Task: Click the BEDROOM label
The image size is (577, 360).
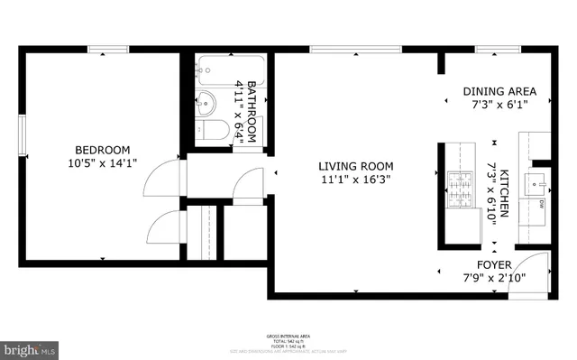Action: [102, 150]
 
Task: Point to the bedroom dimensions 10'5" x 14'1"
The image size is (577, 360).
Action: [102, 163]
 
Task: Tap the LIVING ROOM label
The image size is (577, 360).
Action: [355, 165]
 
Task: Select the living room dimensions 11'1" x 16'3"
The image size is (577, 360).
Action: [355, 179]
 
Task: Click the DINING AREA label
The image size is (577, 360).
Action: [499, 91]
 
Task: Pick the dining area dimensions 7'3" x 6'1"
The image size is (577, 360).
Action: [499, 105]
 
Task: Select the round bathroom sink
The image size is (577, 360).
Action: [206, 101]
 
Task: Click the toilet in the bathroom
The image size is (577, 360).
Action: [210, 132]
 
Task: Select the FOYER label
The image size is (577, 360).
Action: [494, 264]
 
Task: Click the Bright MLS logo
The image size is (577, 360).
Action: [29, 347]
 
